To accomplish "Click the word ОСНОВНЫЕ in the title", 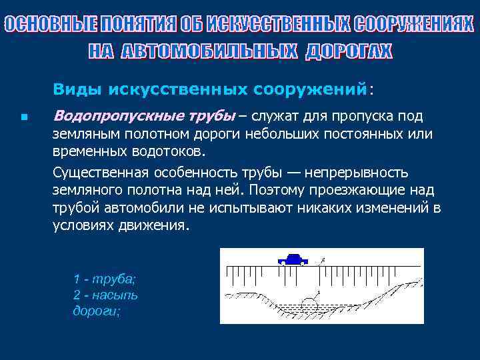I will coord(50,25).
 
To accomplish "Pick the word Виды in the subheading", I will coord(77,89).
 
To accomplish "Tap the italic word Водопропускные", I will coord(104,116).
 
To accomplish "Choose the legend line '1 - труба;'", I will coord(104,279).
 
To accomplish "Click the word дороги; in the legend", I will coord(96,311).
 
